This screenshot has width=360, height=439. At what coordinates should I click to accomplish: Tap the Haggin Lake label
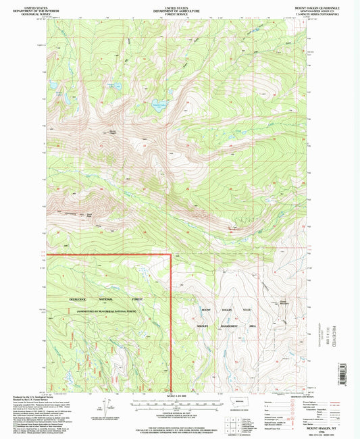(111, 84)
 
